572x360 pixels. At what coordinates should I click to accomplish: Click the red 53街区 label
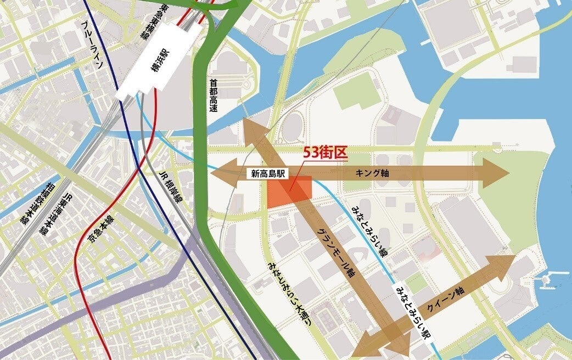(326, 153)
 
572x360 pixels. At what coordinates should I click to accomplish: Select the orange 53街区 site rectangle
(289, 192)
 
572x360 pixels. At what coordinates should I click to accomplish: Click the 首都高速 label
(214, 94)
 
